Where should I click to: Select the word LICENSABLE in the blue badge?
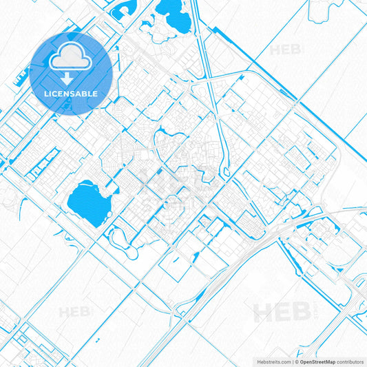[x=72, y=93]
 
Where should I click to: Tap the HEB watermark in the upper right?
[x=286, y=50]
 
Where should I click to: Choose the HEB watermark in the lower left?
[x=74, y=312]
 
